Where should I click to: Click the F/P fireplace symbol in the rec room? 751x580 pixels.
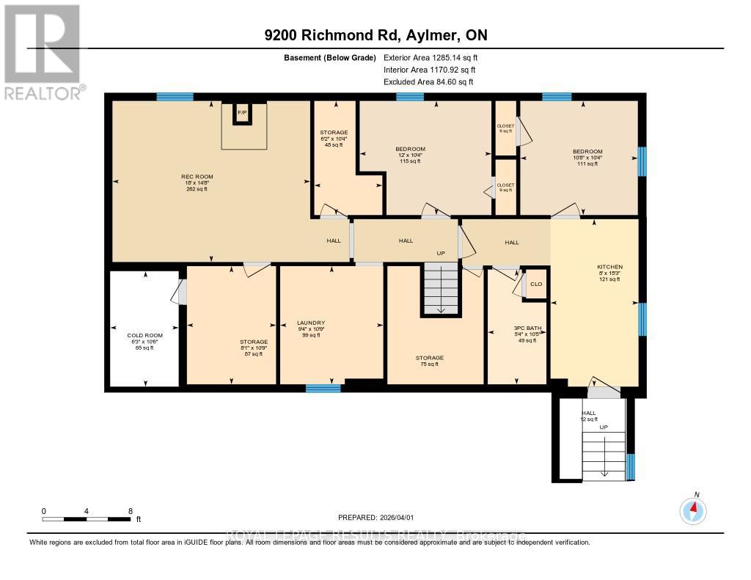point(242,113)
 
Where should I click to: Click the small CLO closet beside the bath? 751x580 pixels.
point(535,285)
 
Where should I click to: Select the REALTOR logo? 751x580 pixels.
point(43,51)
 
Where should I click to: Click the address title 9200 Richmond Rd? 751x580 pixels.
point(375,35)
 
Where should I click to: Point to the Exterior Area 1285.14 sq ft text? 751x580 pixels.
point(431,57)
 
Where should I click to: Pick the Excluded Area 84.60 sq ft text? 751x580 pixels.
point(428,82)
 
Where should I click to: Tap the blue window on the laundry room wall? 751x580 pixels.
point(323,389)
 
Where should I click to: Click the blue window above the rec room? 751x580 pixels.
point(175,97)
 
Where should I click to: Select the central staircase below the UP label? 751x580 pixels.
point(441,290)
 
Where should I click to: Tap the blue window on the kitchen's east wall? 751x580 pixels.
point(642,319)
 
